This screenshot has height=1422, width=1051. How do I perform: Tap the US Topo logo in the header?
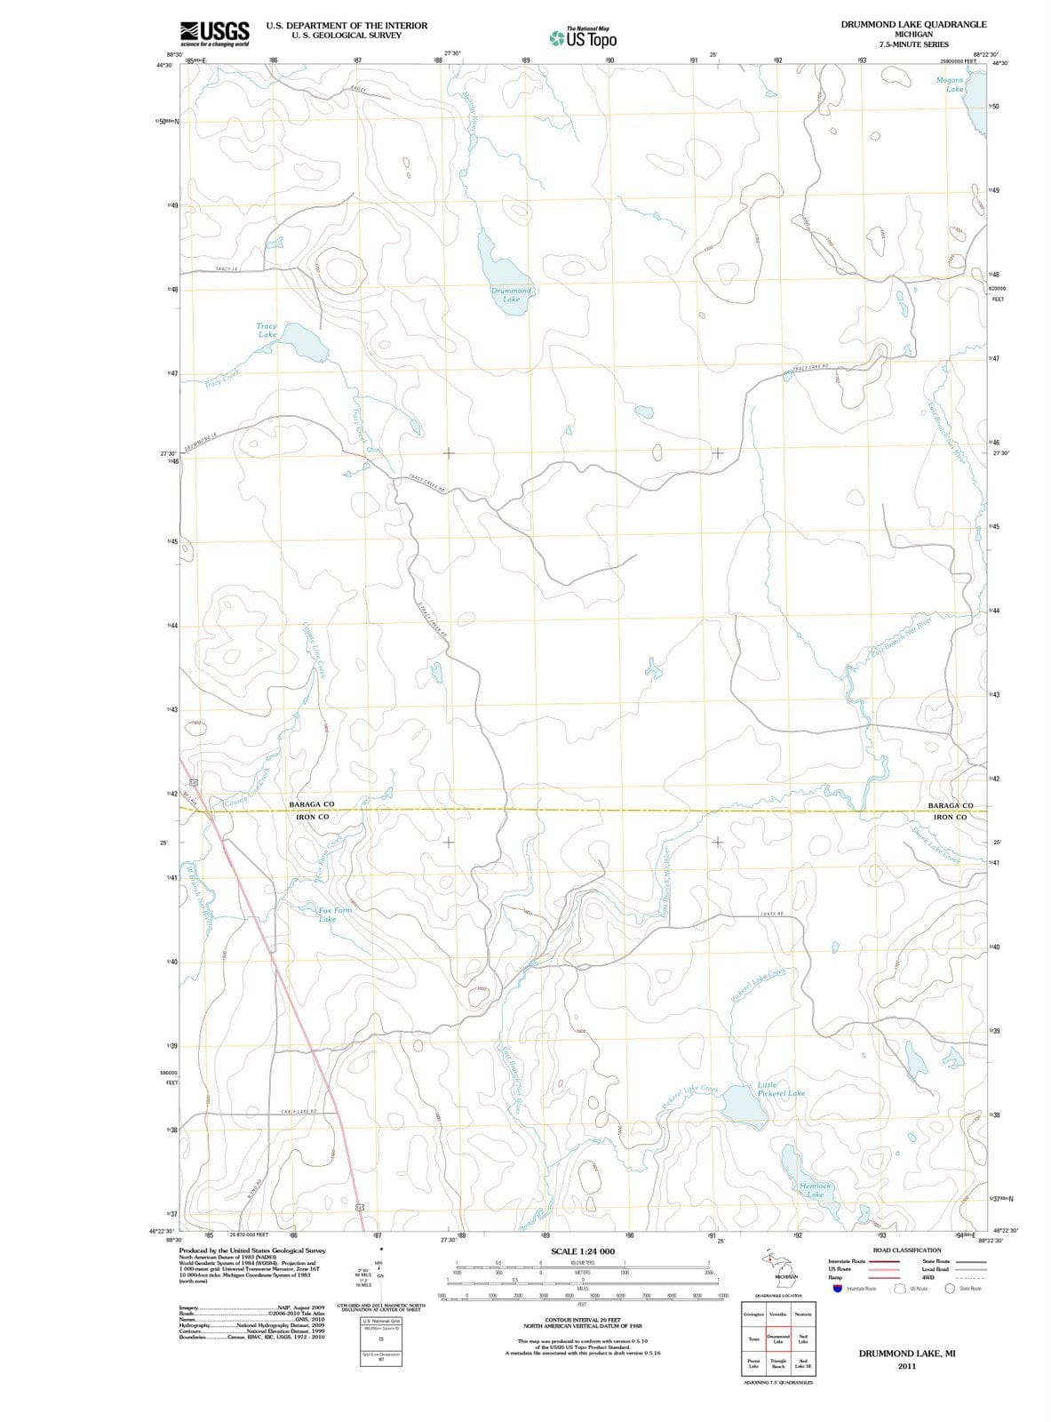click(583, 38)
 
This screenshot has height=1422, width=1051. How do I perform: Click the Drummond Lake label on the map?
click(512, 295)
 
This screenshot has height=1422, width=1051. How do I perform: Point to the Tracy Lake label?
click(267, 331)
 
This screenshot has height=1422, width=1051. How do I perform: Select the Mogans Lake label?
click(950, 84)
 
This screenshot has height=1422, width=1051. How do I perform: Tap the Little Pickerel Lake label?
click(781, 1089)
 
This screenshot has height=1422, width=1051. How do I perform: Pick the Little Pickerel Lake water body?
click(737, 1103)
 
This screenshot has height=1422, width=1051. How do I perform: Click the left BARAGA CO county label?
click(312, 804)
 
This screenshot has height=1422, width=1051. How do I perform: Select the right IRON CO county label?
click(950, 817)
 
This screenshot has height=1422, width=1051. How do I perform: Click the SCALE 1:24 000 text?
click(583, 1251)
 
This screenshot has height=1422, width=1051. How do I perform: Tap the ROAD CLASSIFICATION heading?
click(907, 1250)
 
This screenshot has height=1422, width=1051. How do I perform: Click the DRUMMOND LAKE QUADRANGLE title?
click(913, 24)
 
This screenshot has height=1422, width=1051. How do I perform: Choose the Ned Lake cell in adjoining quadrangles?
click(802, 1339)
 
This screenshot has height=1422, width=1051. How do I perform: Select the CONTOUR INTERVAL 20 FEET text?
click(582, 1321)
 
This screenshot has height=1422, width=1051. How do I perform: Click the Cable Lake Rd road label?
click(299, 1112)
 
